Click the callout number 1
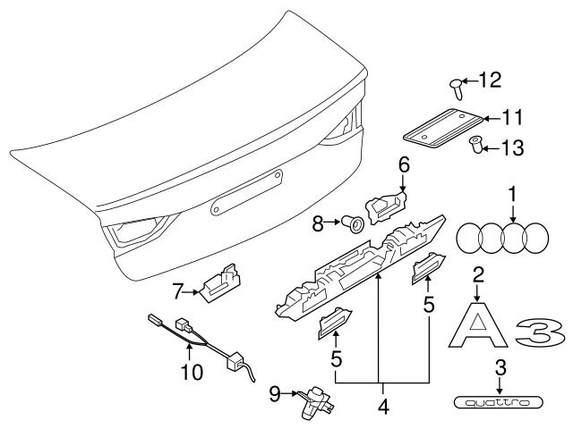pos(513,193)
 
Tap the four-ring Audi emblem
pos(502,240)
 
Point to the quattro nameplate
pos(500,403)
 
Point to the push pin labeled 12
pos(458,87)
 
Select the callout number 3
pos(500,367)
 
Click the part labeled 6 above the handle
pos(387,207)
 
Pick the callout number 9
pos(276,391)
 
